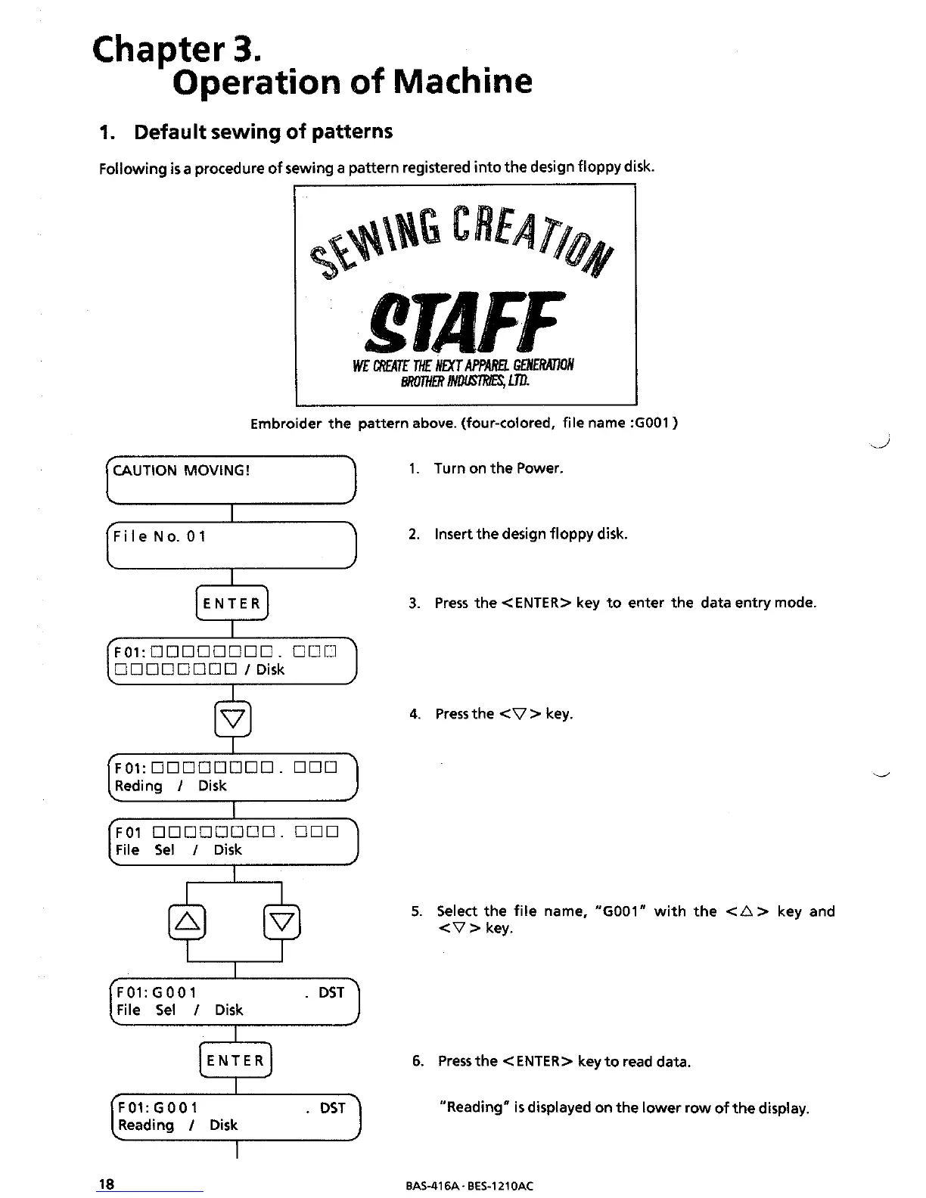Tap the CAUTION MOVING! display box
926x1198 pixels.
231,480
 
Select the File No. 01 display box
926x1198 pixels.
231,545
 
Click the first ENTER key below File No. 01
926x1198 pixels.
232,603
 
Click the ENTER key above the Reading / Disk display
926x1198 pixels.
235,1060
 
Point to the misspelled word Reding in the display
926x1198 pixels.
138,786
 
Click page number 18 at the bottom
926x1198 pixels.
107,1184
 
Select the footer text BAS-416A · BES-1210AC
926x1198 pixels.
469,1186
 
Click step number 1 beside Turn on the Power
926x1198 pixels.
413,469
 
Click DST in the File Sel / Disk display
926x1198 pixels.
331,992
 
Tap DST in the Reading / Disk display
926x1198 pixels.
332,1108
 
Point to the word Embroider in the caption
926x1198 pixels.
286,423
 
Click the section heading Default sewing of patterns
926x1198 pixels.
263,132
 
